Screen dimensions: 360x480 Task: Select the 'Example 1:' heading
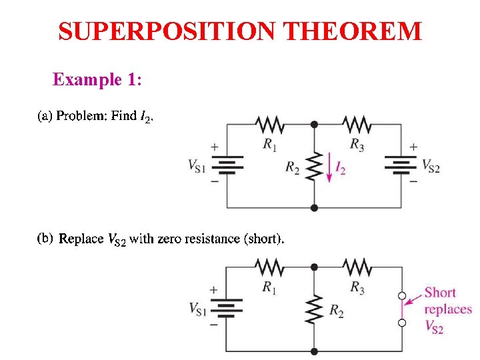point(97,80)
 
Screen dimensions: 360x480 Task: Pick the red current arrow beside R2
point(329,167)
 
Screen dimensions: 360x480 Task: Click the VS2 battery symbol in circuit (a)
point(401,164)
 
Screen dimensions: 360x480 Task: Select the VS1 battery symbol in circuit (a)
point(227,164)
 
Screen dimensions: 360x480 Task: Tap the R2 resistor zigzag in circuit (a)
point(314,167)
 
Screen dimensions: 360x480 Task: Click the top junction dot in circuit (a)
point(314,123)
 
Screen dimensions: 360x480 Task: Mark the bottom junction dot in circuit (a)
point(314,207)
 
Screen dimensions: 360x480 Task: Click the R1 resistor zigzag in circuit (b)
point(269,267)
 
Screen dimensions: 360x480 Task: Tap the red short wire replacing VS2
point(402,309)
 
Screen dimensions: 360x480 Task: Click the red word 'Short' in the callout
point(440,292)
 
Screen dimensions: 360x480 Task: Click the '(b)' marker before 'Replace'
point(45,238)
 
